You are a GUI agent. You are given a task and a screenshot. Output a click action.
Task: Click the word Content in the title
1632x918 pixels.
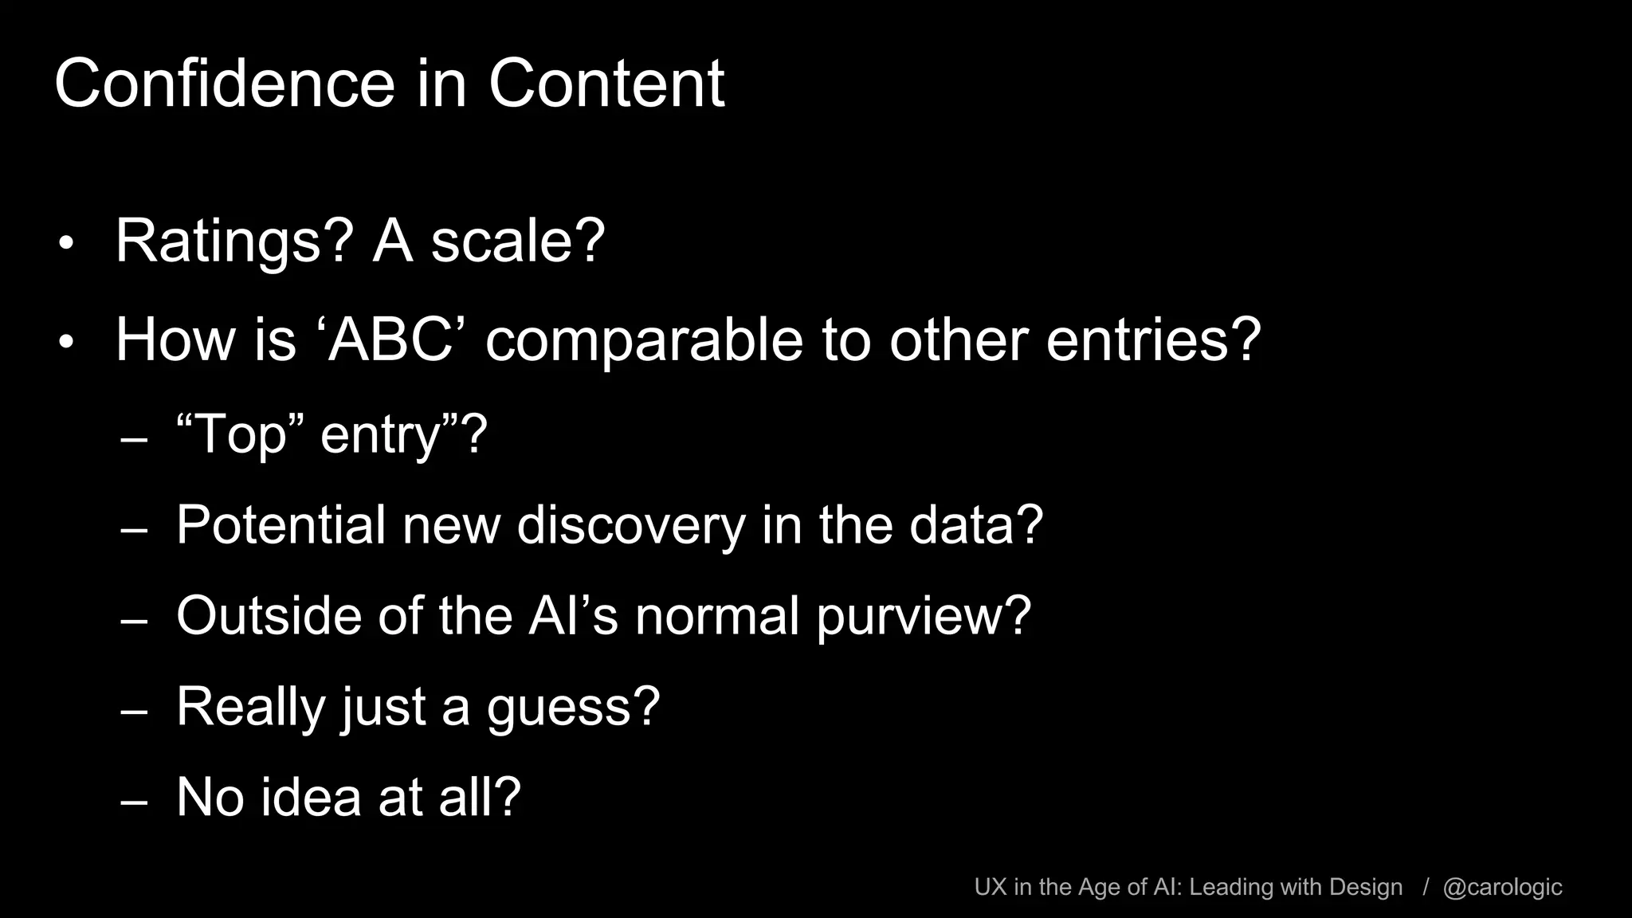pyautogui.click(x=606, y=84)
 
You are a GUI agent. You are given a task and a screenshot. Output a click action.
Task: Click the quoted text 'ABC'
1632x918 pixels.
pyautogui.click(x=390, y=340)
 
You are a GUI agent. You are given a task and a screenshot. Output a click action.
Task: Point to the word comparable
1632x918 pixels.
pyautogui.click(x=644, y=340)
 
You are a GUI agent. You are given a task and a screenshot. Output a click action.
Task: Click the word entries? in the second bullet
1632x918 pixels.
pyautogui.click(x=1153, y=340)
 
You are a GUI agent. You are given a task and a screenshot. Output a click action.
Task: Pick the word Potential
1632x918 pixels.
pyautogui.click(x=280, y=525)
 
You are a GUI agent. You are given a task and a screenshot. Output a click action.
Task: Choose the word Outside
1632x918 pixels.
pyautogui.click(x=269, y=616)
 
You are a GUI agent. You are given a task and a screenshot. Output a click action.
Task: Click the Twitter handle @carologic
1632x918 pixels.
pyautogui.click(x=1502, y=887)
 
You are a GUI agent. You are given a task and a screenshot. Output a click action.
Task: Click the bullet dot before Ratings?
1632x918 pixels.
pyautogui.click(x=66, y=244)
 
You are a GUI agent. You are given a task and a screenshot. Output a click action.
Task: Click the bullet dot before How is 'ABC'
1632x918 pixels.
pyautogui.click(x=66, y=343)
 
